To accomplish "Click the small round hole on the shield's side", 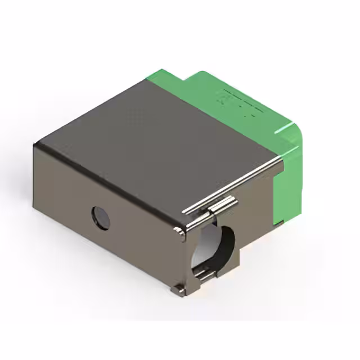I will click(101, 218).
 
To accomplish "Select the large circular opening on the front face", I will click(214, 245).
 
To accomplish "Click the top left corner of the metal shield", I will click(36, 145).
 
